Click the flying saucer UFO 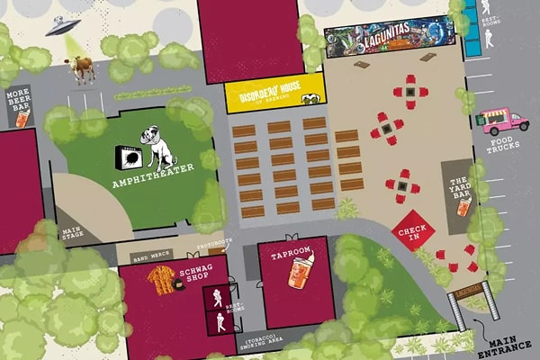click(62, 26)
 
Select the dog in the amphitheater click(162, 148)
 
